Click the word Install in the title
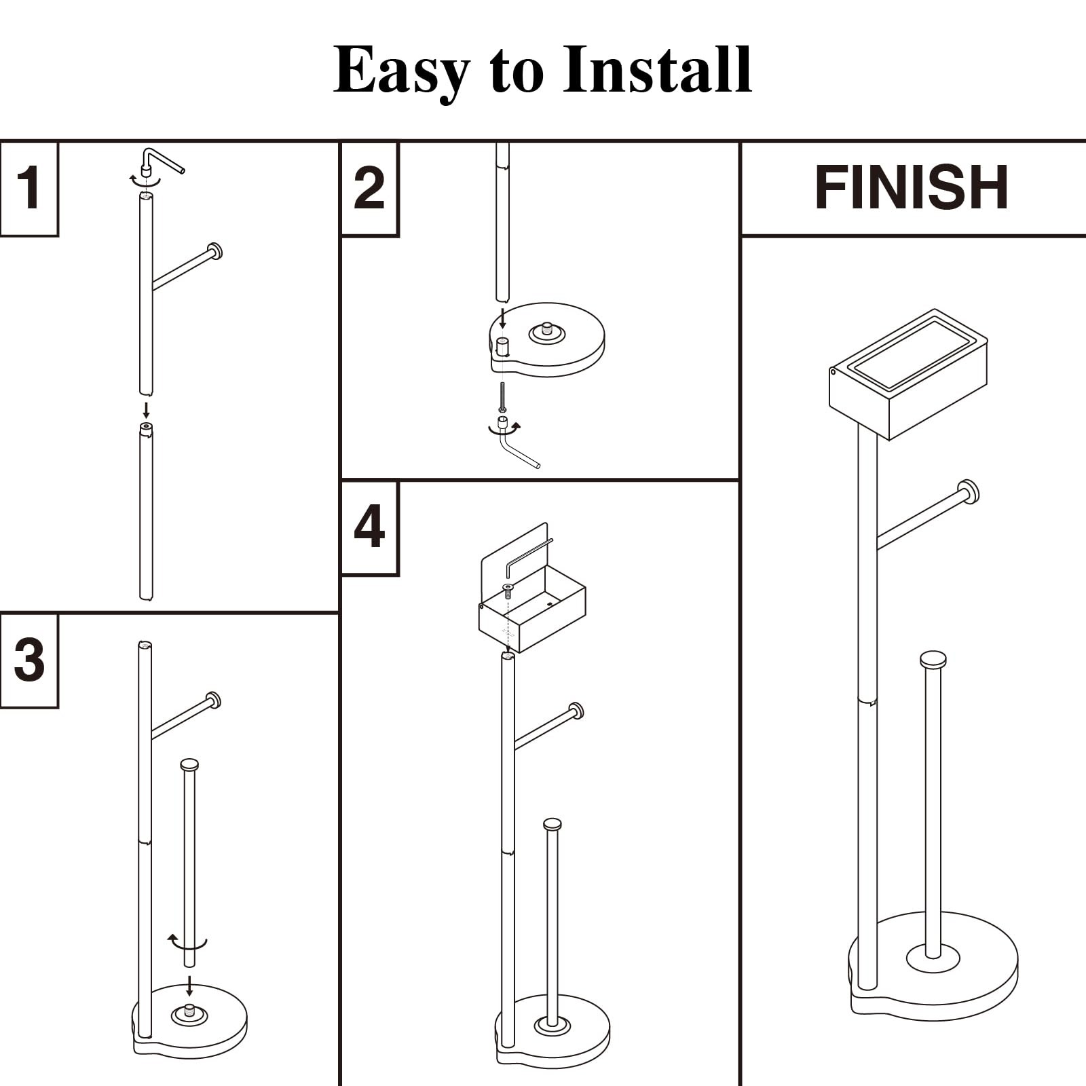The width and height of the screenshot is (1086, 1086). coord(657,70)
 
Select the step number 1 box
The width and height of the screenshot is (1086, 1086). coord(29,188)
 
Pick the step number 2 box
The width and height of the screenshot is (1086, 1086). coord(369,188)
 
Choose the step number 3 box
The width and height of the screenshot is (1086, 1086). coord(29,660)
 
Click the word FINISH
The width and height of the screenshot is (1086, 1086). coord(911,188)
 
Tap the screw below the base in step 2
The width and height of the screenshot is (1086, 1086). coord(502,397)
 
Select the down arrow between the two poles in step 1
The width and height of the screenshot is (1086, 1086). coord(146,410)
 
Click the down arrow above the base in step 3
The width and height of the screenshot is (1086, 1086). coord(189,986)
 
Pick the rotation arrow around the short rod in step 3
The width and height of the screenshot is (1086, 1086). coord(187,943)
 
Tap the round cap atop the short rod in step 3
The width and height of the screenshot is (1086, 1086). coord(189,765)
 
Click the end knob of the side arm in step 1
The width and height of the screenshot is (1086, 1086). coord(215,251)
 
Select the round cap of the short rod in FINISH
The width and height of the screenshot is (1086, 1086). coord(933,659)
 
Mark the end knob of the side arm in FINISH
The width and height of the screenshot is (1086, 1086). coord(969,491)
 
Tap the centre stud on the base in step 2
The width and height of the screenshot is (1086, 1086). coord(546,331)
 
